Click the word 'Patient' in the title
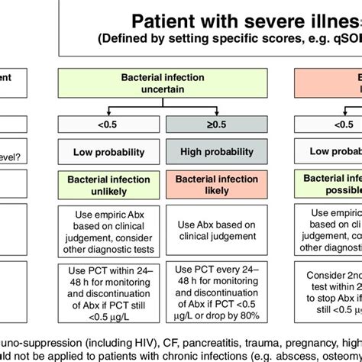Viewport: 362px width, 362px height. coord(169,21)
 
